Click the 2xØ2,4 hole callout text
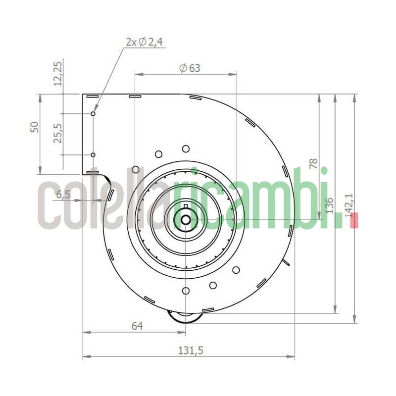(x=144, y=43)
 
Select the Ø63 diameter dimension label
(x=190, y=68)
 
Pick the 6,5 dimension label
(x=63, y=195)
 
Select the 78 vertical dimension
(x=313, y=164)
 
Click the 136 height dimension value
(x=330, y=205)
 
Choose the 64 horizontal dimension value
(x=137, y=326)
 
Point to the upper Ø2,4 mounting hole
(x=93, y=114)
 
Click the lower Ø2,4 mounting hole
(x=93, y=155)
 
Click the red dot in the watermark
(x=353, y=221)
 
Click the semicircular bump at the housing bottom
(x=185, y=316)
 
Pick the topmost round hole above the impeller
(x=186, y=148)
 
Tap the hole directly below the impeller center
(x=186, y=291)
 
